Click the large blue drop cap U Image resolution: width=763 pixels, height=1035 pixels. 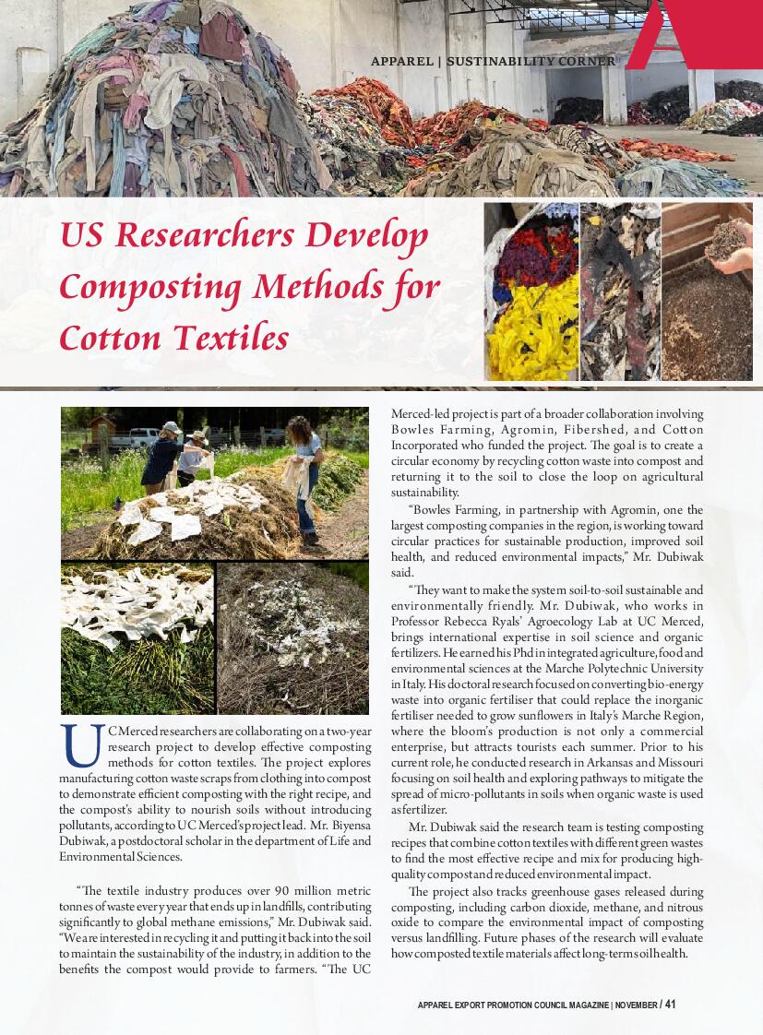[x=80, y=746]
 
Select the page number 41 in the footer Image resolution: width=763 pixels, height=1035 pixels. [x=671, y=1005]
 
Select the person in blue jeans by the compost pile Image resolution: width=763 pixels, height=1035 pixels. [x=304, y=475]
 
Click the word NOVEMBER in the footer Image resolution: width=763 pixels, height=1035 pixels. [x=636, y=1005]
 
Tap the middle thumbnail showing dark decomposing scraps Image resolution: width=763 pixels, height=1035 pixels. [x=619, y=291]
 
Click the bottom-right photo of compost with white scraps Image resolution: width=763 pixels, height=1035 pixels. [x=292, y=638]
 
